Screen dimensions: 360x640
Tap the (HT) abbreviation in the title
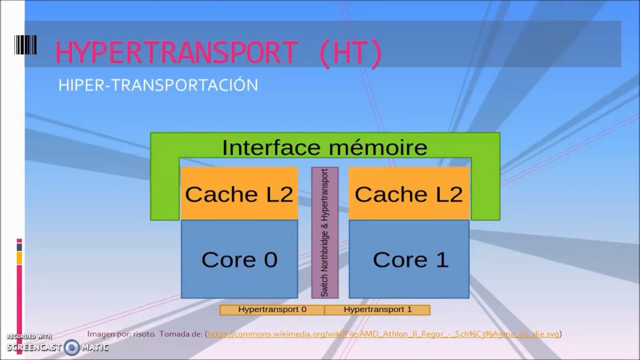350,52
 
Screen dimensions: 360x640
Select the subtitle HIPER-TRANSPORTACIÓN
158,85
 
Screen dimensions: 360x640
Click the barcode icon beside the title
25,45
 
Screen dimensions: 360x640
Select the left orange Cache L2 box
239,194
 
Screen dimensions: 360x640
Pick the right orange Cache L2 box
409,194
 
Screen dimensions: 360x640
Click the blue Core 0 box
239,259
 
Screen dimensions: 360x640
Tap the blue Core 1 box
409,259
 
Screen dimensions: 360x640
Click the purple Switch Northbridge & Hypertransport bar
324,232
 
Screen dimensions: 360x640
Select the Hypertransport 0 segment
272,309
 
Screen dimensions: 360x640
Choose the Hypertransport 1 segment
377,309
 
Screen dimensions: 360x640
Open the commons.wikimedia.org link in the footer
383,334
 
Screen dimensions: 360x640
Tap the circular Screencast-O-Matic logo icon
71,347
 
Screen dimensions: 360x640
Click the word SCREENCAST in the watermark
33,347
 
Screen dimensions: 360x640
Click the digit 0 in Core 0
270,259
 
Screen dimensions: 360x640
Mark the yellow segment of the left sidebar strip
19,258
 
